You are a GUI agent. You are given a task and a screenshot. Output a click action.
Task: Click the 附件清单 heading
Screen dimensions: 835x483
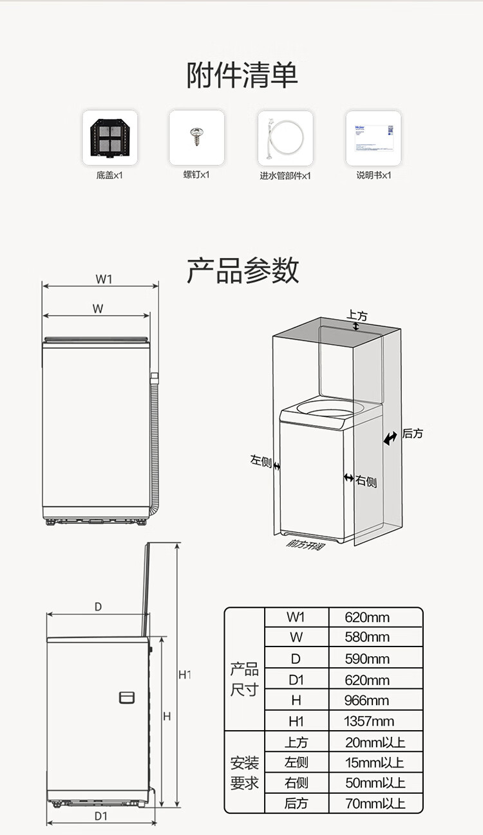click(242, 75)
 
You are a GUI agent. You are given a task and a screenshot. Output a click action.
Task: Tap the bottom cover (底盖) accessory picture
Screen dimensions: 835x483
click(109, 138)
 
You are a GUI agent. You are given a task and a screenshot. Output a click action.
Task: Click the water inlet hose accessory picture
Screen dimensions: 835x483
click(285, 138)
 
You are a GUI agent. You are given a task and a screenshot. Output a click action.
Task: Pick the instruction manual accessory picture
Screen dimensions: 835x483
click(374, 138)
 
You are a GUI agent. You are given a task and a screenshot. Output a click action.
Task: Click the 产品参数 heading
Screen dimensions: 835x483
click(242, 270)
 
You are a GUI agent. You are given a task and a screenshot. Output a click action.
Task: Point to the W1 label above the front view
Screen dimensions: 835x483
click(104, 279)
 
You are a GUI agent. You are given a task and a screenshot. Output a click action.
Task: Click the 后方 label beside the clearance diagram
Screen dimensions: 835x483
click(413, 434)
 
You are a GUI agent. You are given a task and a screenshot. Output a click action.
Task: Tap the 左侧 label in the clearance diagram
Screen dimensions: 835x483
click(261, 461)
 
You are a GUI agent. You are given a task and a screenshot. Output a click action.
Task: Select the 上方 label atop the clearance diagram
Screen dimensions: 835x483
click(357, 316)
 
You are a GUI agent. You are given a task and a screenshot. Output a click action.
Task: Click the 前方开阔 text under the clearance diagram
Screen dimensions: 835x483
click(305, 544)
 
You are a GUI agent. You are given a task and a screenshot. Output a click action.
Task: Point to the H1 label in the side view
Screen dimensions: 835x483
click(185, 675)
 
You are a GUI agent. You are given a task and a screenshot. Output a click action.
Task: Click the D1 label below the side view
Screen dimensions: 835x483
click(100, 816)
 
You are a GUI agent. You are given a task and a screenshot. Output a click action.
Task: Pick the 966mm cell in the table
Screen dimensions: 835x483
click(366, 700)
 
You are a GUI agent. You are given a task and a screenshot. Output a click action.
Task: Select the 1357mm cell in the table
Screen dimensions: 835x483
click(369, 720)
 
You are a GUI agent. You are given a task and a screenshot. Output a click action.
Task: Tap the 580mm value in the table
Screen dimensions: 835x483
click(367, 638)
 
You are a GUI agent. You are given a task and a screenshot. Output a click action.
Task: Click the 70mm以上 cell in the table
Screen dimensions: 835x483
click(375, 803)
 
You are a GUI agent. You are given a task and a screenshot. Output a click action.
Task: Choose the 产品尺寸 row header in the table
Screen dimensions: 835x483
click(244, 679)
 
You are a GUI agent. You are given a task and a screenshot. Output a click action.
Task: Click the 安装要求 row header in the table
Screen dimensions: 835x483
click(244, 773)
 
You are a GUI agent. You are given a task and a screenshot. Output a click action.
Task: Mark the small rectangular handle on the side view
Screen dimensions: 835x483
click(127, 697)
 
